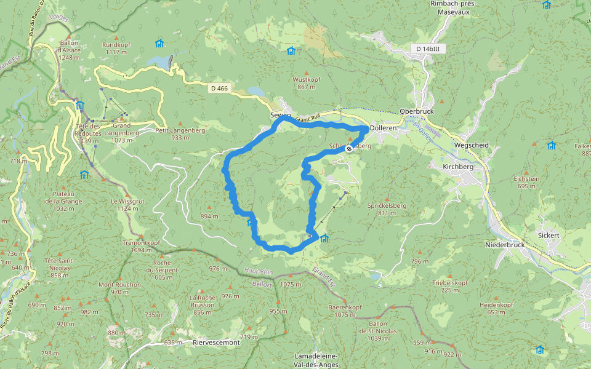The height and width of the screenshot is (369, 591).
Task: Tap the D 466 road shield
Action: pyautogui.click(x=219, y=89)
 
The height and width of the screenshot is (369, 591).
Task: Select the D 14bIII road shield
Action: pyautogui.click(x=427, y=48)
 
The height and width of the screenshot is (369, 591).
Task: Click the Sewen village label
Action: pyautogui.click(x=280, y=115)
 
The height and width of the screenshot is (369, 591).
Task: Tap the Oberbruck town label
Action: pyautogui.click(x=417, y=111)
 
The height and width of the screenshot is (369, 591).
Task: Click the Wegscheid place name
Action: pyautogui.click(x=471, y=145)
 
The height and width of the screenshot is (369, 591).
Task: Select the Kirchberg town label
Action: pyautogui.click(x=457, y=167)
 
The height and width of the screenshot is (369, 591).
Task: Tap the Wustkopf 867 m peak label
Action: pyautogui.click(x=307, y=83)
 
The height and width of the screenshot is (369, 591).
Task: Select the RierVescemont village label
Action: pyautogui.click(x=216, y=343)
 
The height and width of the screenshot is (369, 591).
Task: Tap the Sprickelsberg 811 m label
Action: pyautogui.click(x=386, y=208)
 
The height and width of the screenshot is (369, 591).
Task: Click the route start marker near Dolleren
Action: pyautogui.click(x=349, y=149)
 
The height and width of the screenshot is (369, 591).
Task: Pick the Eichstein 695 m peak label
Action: pyautogui.click(x=526, y=182)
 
